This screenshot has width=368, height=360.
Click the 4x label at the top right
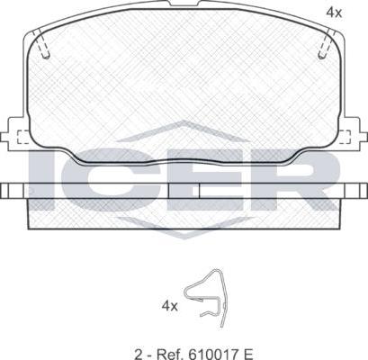point(334,13)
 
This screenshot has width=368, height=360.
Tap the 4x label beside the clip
point(170,306)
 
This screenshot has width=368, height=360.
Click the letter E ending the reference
point(249,355)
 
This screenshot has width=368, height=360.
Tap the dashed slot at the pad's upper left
point(41,43)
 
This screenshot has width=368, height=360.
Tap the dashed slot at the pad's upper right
point(326,43)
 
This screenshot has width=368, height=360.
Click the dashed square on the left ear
point(23,137)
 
